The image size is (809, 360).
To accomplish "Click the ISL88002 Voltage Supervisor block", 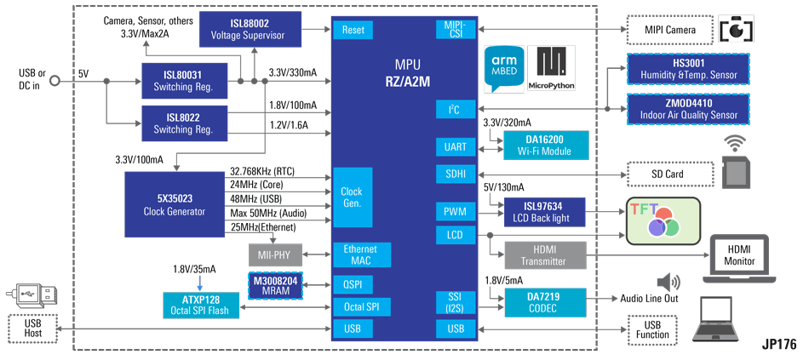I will tap(250, 31).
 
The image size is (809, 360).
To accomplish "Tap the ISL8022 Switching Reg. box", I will tap(184, 123).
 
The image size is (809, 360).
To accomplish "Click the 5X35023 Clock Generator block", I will tap(174, 204).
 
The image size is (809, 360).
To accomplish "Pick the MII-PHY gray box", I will tap(275, 253).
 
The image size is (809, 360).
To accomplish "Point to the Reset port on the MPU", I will tap(352, 30).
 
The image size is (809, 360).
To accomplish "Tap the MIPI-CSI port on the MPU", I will tap(455, 30).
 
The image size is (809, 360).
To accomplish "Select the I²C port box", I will tap(455, 109).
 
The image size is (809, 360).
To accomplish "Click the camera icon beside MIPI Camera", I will tap(736, 29).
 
